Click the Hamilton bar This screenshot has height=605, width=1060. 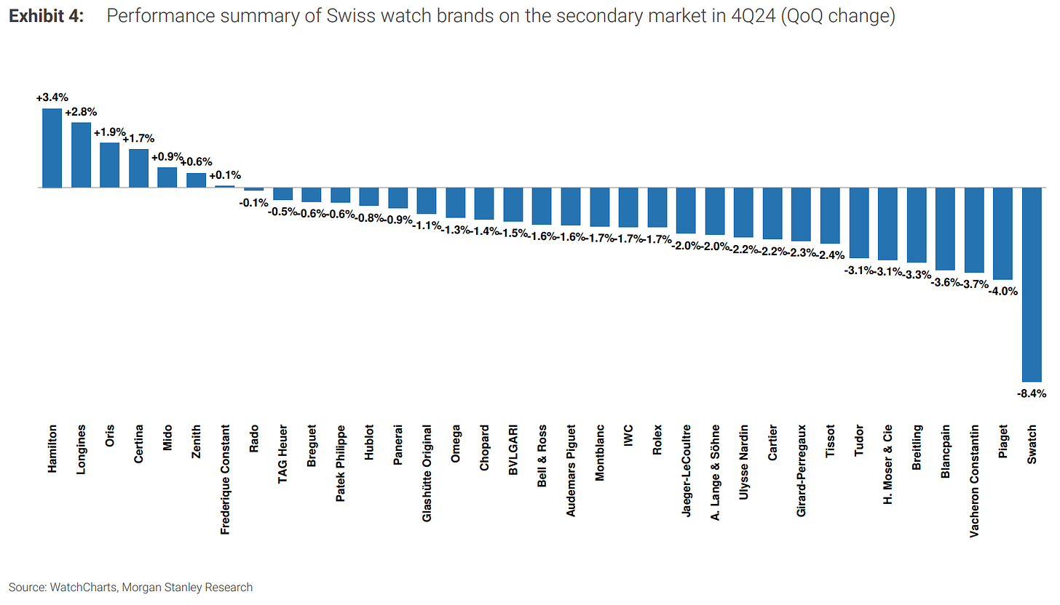[52, 148]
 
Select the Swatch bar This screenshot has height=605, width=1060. [1032, 284]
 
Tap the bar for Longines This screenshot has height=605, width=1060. [81, 155]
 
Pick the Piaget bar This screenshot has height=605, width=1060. [1003, 233]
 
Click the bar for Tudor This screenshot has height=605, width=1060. [860, 223]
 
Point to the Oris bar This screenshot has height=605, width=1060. [109, 165]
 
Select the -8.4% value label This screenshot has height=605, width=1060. [1032, 393]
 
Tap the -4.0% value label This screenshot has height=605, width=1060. [1002, 291]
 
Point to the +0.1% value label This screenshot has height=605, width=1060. [225, 175]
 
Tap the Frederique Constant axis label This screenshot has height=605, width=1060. [225, 481]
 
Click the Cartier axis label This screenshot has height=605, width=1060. [772, 444]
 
